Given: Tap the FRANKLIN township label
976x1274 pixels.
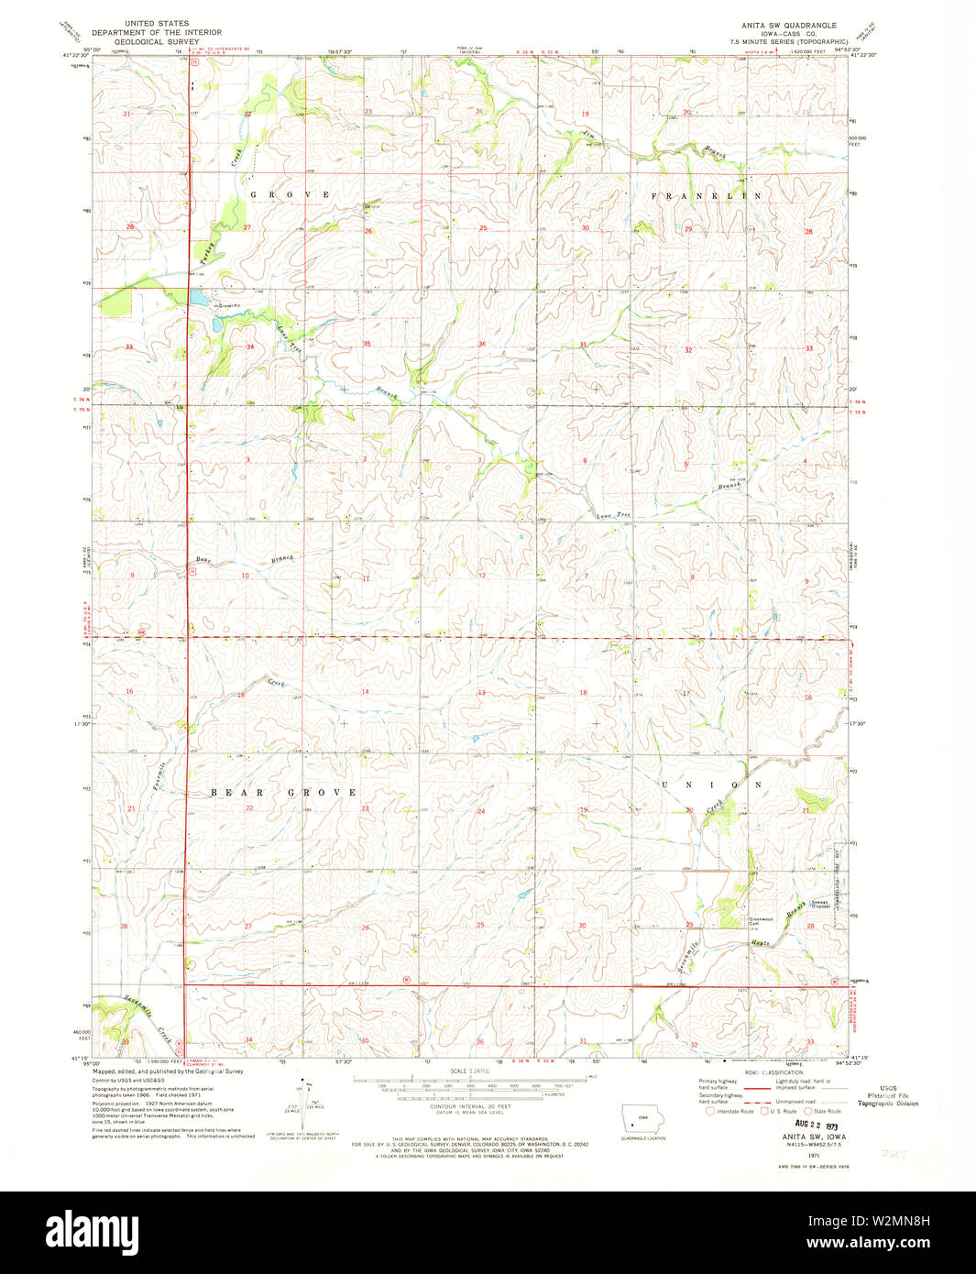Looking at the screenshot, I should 706,196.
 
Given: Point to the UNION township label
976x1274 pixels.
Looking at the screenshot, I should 711,785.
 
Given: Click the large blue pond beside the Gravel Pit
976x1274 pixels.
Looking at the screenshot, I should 198,299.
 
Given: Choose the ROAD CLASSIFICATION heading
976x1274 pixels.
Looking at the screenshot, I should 774,1071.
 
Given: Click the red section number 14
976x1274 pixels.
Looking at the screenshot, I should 365,692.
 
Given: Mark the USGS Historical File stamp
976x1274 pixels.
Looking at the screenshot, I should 887,1096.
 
